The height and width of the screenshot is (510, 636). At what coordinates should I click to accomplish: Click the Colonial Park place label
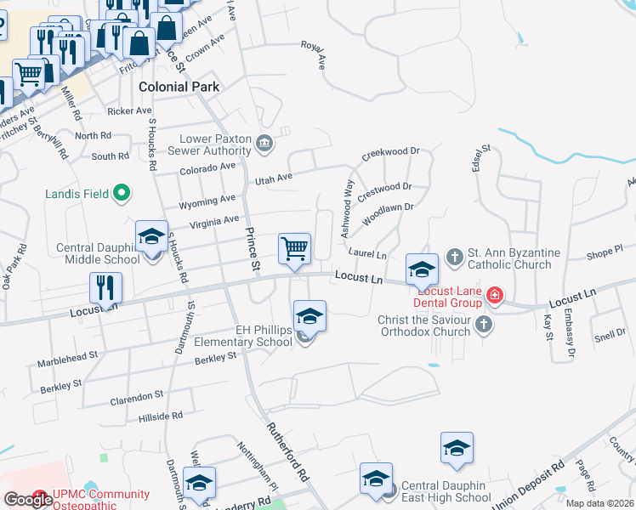[x=179, y=87]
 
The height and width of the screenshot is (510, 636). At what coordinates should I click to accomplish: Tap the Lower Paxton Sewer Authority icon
[x=264, y=144]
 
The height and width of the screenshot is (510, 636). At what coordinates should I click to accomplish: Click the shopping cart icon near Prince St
[x=294, y=248]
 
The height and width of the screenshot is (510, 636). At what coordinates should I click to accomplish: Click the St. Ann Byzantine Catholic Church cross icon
[x=455, y=255]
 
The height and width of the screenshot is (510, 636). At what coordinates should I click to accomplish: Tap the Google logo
[x=28, y=500]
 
